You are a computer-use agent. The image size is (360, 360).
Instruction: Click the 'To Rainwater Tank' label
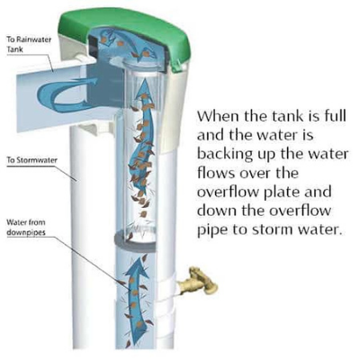pos(29,44)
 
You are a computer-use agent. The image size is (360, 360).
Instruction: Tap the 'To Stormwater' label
pos(32,160)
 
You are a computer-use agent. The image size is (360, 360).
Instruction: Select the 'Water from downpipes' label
pos(26,228)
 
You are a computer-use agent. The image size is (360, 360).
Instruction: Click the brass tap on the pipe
pos(198,281)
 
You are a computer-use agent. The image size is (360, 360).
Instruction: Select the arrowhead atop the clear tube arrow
pos(145,87)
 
